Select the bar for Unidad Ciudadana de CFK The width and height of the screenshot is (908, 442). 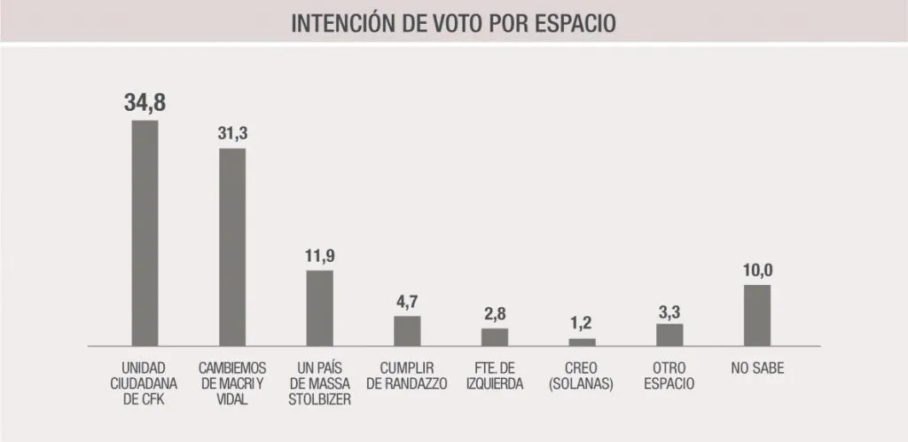145,233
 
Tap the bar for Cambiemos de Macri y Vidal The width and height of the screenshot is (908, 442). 232,247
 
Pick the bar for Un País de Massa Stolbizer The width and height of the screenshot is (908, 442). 319,308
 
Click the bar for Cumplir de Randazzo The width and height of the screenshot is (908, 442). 407,331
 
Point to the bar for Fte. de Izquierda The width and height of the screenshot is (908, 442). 495,337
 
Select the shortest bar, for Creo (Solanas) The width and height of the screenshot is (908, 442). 582,342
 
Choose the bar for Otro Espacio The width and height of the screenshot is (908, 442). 669,335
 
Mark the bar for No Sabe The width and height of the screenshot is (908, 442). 756,315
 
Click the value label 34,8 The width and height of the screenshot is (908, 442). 145,103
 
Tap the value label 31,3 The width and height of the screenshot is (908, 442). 232,133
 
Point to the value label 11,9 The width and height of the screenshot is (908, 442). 319,257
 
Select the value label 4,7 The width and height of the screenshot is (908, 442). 407,302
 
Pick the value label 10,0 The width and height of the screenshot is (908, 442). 756,271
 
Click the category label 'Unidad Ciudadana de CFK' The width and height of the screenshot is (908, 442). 145,383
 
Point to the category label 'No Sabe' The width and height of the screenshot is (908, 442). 756,367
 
